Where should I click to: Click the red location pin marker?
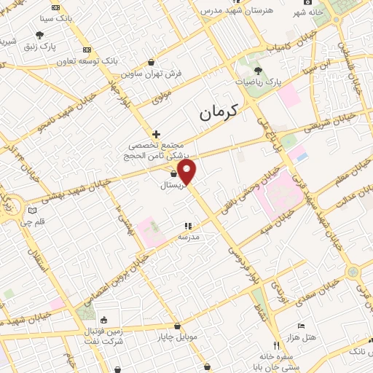point(188,173)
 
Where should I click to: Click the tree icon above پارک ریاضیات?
point(259,71)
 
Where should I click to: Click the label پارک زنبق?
point(39,46)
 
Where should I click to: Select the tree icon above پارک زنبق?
point(39,34)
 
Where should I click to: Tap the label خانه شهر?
point(307,12)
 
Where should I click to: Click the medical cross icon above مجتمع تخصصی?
point(157,134)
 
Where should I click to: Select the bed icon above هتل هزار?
point(299,326)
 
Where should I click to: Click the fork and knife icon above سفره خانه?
point(275,345)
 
